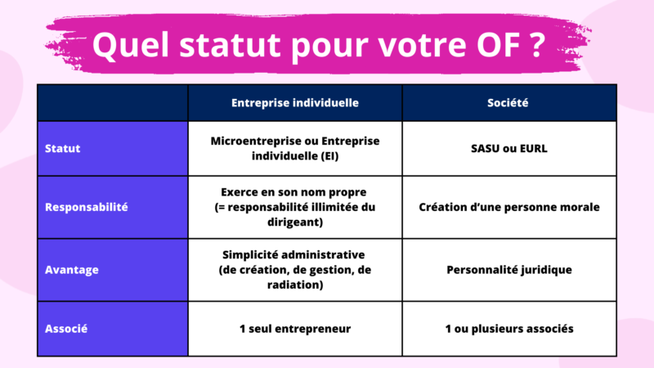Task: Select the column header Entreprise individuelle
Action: [294, 104]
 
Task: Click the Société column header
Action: [508, 104]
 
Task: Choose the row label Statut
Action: [62, 149]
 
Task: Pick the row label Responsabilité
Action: [87, 207]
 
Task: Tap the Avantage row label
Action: [72, 270]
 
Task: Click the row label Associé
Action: [66, 329]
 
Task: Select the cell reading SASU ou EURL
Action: [508, 149]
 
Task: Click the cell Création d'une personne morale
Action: [508, 207]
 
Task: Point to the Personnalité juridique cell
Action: [508, 270]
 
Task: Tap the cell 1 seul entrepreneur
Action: [294, 329]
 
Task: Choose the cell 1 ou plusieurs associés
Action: [508, 329]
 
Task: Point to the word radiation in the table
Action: [294, 285]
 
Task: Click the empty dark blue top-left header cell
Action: [113, 104]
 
